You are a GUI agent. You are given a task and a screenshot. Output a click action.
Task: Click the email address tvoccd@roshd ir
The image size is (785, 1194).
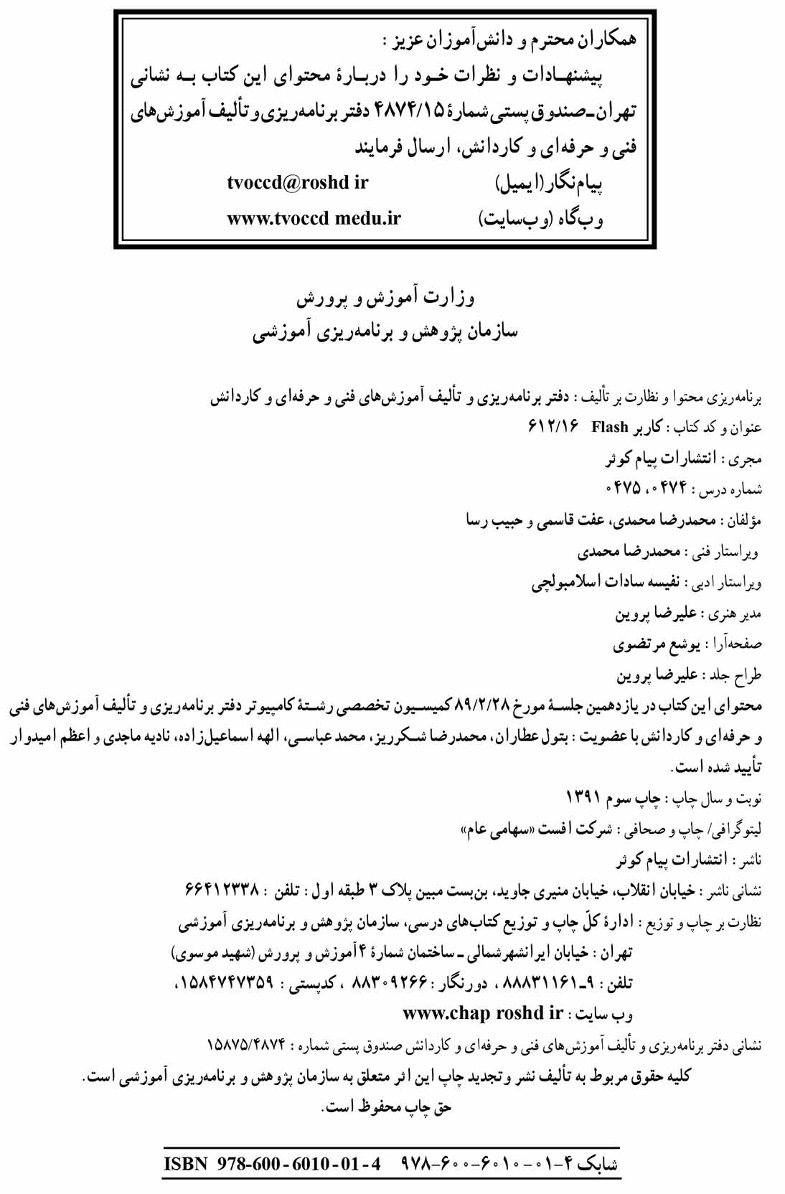[x=297, y=183]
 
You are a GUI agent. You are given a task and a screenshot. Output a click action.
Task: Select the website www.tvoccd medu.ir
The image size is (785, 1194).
[x=314, y=218]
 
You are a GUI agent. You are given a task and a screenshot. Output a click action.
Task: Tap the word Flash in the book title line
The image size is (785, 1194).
[x=610, y=428]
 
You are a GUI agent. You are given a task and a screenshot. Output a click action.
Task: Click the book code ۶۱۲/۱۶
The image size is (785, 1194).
[x=553, y=428]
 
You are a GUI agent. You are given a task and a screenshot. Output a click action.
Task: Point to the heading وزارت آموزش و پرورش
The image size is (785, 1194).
[x=386, y=298]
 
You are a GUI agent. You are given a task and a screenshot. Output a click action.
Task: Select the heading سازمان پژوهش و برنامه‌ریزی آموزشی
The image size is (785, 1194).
[x=385, y=333]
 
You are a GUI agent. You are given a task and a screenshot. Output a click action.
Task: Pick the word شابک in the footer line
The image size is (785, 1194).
[x=597, y=1163]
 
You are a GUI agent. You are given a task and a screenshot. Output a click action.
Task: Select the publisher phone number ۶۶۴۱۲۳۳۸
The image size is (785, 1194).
[x=222, y=890]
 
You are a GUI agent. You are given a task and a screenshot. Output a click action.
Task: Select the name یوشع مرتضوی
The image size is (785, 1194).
[x=656, y=644]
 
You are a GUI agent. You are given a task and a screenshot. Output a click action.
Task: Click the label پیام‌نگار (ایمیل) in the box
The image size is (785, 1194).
[x=549, y=184]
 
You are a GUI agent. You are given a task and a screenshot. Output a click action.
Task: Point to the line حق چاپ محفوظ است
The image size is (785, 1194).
[x=387, y=1107]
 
